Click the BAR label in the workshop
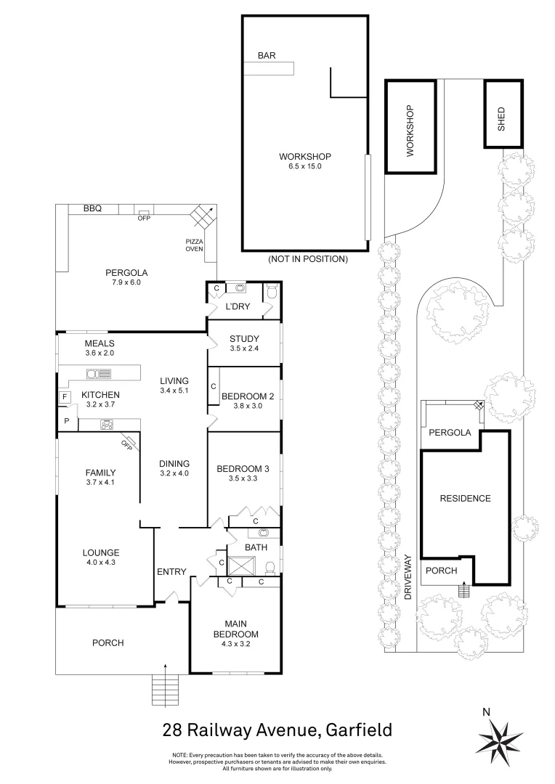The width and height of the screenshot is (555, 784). coord(266,55)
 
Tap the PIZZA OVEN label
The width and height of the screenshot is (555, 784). coord(194,245)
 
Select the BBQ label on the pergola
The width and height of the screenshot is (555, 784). coord(92,208)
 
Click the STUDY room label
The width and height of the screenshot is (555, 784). coord(244,339)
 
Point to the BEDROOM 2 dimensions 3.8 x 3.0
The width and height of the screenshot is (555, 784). coord(248,406)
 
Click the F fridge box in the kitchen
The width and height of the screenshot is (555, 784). coord(64,398)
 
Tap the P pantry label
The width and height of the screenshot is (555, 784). coord(67,422)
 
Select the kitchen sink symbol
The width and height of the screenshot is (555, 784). coord(99,374)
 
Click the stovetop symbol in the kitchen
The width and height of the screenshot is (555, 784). coord(107,425)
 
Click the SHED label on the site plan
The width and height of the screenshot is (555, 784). coord(501,119)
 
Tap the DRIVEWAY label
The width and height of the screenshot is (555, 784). coord(408,577)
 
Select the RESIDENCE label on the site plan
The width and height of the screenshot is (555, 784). coord(466,499)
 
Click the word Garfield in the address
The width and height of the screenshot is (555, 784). coord(359,730)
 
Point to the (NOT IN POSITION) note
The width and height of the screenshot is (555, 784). coord(308,259)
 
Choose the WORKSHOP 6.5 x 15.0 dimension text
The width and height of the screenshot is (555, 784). coord(305,166)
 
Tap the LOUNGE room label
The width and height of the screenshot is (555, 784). coord(101,553)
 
